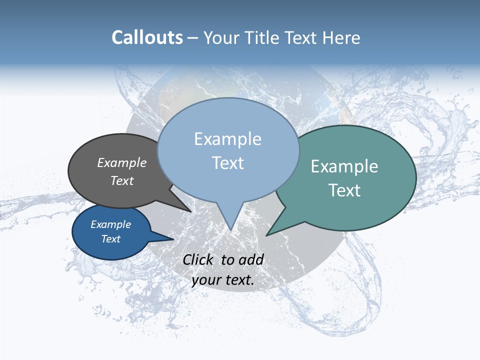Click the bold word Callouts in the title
point(147,37)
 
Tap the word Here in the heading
point(341,37)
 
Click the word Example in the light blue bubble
point(227,139)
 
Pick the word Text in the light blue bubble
point(227,163)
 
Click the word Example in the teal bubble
point(344,166)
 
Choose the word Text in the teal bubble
point(344,190)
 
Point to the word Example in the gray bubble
point(122,162)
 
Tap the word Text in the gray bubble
point(122,180)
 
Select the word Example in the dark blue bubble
point(111,224)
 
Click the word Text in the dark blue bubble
point(111,239)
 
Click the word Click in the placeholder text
point(198,259)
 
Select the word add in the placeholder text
point(251,259)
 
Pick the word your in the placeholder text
point(205,280)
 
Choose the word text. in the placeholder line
point(239,280)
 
